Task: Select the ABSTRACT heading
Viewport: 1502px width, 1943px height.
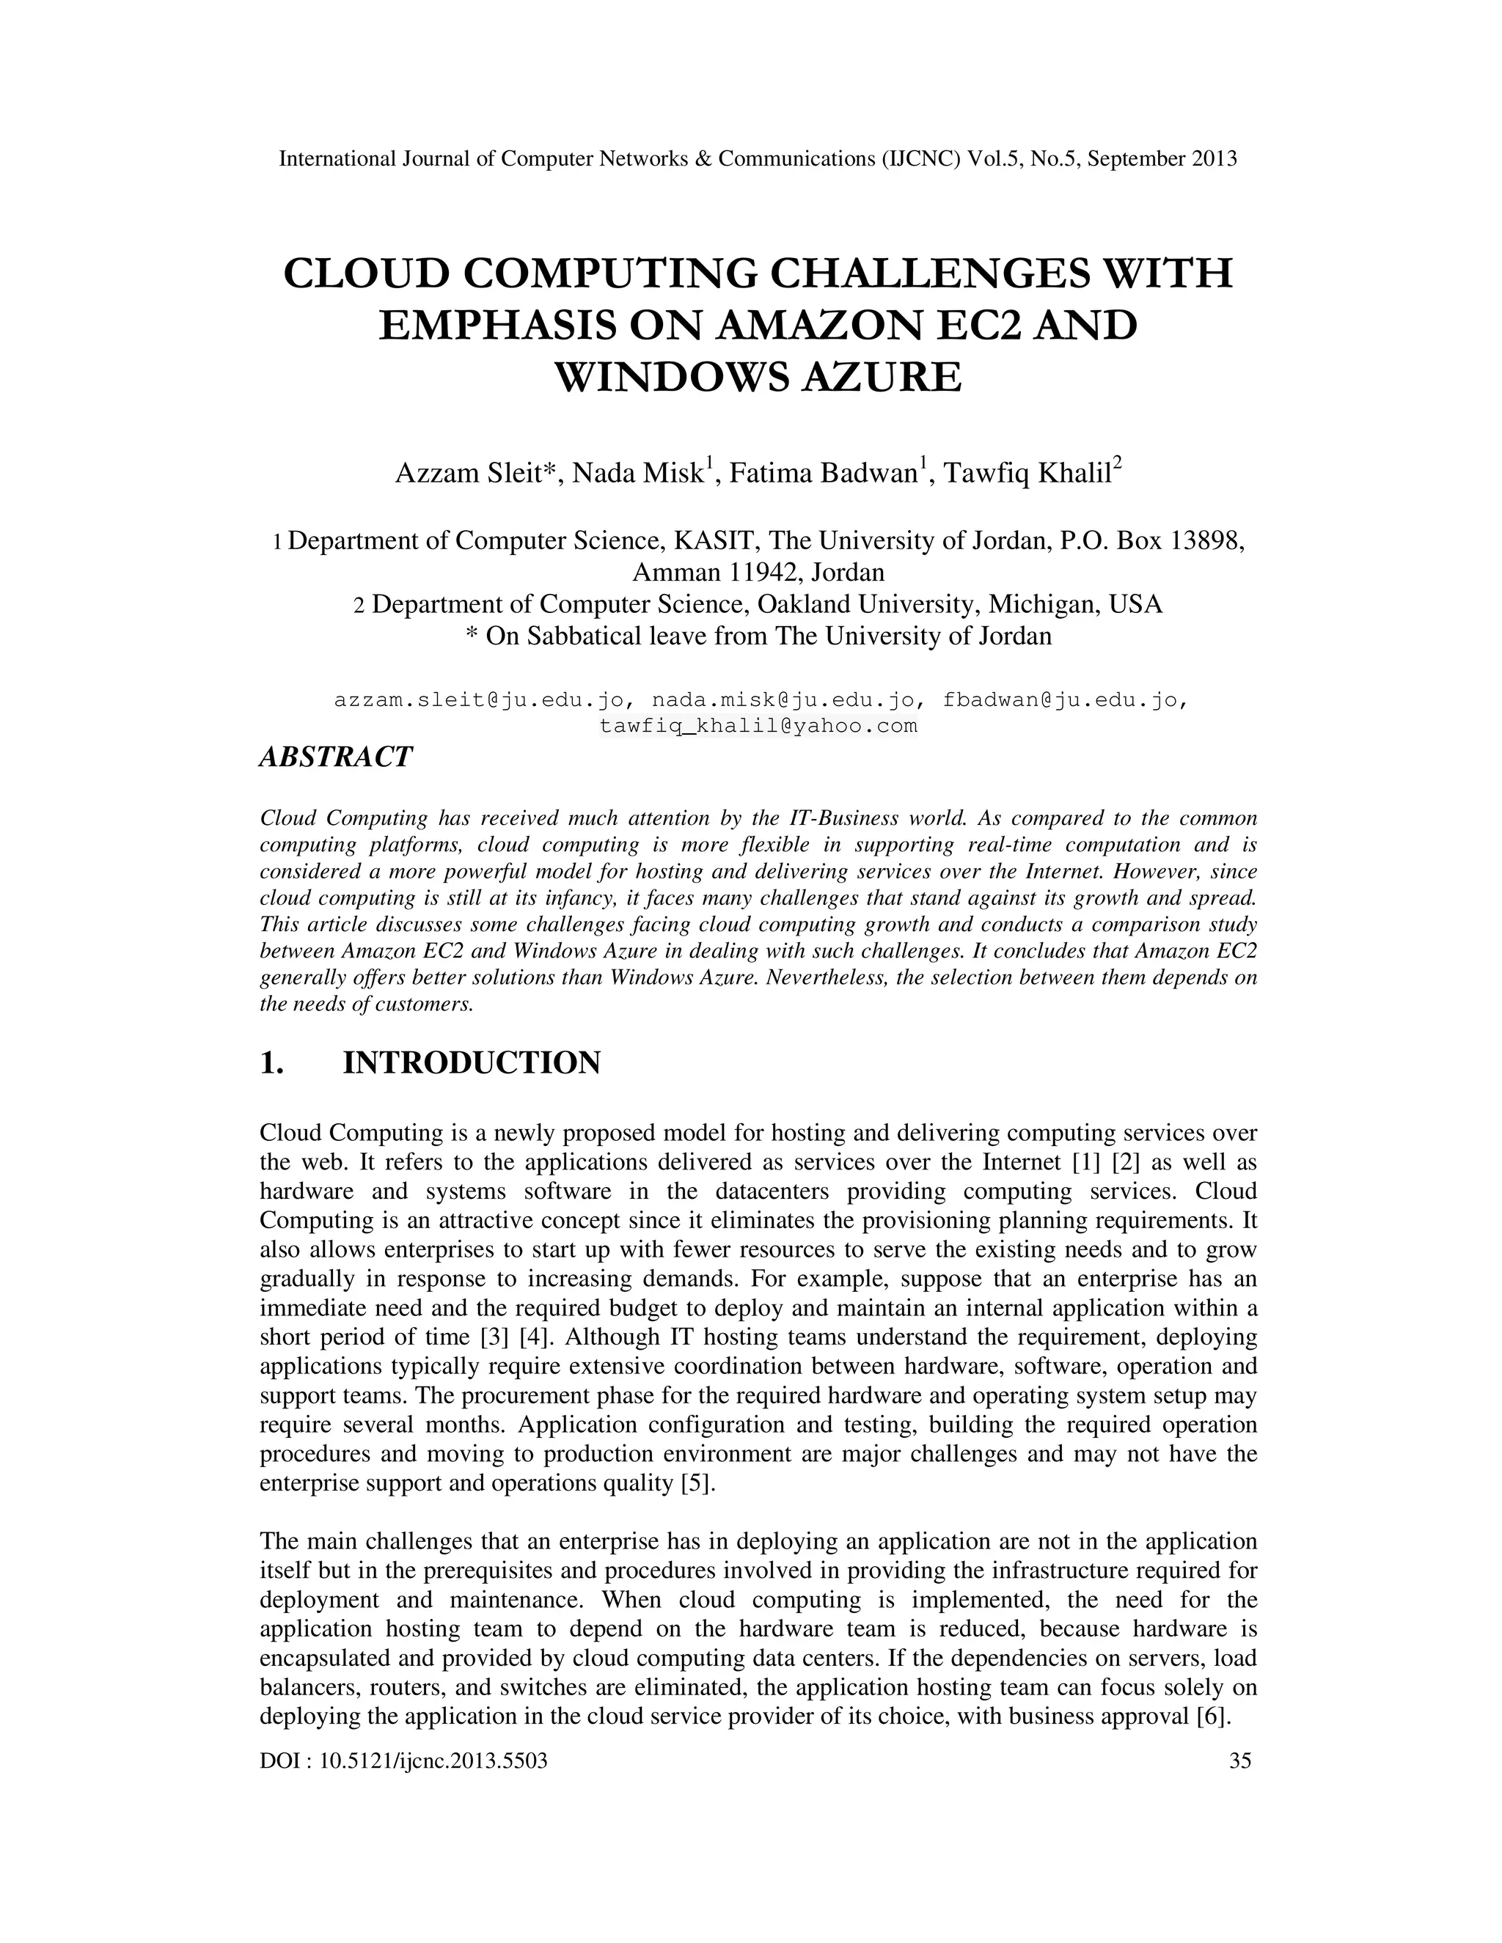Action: [x=335, y=757]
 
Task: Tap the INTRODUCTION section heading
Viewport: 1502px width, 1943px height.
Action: [x=472, y=1062]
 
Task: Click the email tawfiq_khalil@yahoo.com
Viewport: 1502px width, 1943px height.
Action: [x=758, y=726]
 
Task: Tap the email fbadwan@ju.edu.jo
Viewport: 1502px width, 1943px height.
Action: [x=1063, y=700]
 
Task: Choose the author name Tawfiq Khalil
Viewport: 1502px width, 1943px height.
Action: [x=1027, y=474]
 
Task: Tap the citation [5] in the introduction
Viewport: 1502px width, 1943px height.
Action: [x=702, y=1484]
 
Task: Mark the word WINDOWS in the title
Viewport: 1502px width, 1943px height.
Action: [x=673, y=377]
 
